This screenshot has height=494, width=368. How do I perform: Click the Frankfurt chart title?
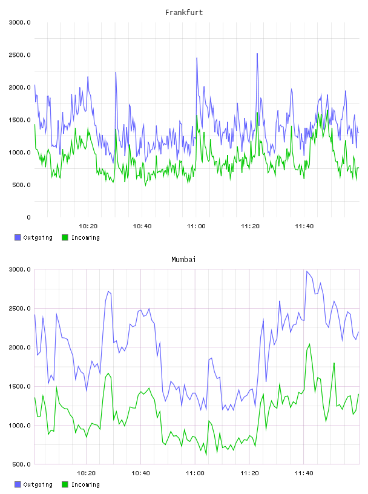pyautogui.click(x=184, y=13)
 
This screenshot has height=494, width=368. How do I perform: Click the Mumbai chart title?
pyautogui.click(x=183, y=260)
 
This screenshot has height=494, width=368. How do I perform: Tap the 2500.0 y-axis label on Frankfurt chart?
pyautogui.click(x=19, y=55)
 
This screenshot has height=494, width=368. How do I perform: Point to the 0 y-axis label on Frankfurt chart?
pyautogui.click(x=28, y=217)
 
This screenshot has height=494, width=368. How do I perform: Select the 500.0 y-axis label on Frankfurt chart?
pyautogui.click(x=21, y=185)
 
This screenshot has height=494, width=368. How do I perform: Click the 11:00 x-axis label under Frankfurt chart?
pyautogui.click(x=196, y=226)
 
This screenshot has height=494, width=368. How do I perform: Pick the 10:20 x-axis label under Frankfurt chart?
pyautogui.click(x=88, y=226)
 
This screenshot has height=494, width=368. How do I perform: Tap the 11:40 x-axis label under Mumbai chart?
pyautogui.click(x=304, y=473)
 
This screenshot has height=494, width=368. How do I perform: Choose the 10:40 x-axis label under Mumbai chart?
pyautogui.click(x=140, y=473)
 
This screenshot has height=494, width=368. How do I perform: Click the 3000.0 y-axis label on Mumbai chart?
pyautogui.click(x=19, y=269)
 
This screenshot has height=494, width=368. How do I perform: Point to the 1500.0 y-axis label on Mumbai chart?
pyautogui.click(x=19, y=387)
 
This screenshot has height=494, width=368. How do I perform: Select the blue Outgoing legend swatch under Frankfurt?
pyautogui.click(x=18, y=237)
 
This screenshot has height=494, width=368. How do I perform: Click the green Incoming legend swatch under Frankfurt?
pyautogui.click(x=65, y=237)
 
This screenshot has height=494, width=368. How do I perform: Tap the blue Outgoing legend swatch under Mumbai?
pyautogui.click(x=18, y=484)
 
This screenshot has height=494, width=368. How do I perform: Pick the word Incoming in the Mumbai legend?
pyautogui.click(x=85, y=484)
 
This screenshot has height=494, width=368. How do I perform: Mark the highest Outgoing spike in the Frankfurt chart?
pyautogui.click(x=257, y=54)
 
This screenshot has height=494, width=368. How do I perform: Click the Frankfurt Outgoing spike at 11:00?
pyautogui.click(x=197, y=58)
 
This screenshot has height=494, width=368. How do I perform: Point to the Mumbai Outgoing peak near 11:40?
pyautogui.click(x=306, y=271)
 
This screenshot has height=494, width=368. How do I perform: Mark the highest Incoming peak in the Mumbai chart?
pyautogui.click(x=310, y=344)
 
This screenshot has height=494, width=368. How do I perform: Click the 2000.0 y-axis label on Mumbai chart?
pyautogui.click(x=19, y=347)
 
